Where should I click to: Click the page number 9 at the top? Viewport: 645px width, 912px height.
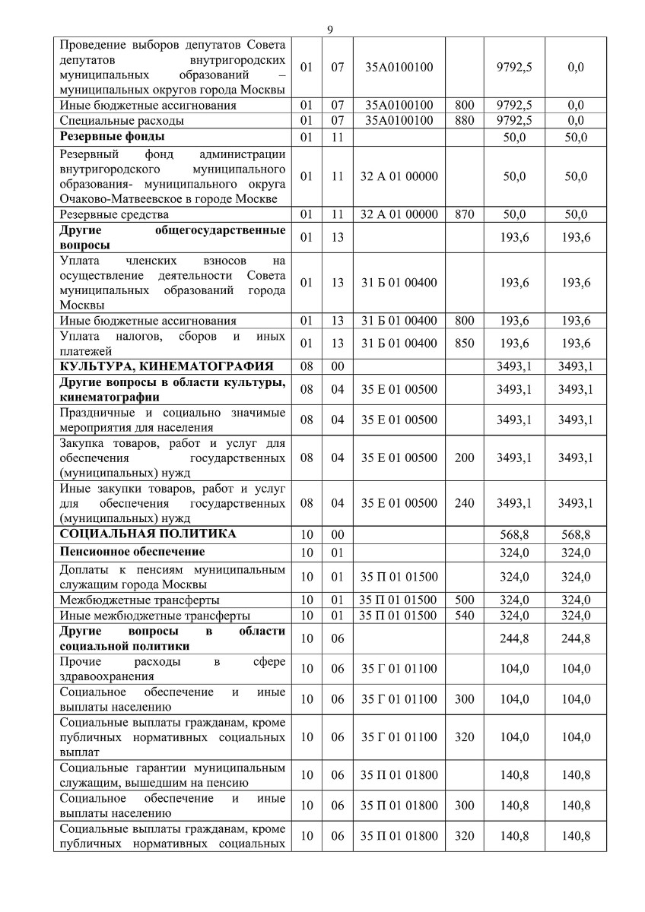330,30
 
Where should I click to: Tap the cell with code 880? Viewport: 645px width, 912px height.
464,120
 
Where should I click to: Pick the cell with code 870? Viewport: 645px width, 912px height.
464,215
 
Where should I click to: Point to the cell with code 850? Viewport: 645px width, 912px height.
464,344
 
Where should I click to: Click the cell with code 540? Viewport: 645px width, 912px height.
464,615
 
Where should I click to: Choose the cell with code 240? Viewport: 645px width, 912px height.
464,503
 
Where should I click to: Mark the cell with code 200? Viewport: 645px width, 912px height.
464,458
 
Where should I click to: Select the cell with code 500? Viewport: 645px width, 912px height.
464,600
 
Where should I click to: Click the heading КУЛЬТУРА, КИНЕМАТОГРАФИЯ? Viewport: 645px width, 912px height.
166,367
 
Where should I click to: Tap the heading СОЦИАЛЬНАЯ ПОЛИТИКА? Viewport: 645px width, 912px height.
148,534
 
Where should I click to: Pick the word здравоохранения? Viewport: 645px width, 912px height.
106,676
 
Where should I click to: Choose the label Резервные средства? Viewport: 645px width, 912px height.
114,215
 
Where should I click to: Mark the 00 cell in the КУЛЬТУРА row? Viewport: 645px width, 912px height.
337,367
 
